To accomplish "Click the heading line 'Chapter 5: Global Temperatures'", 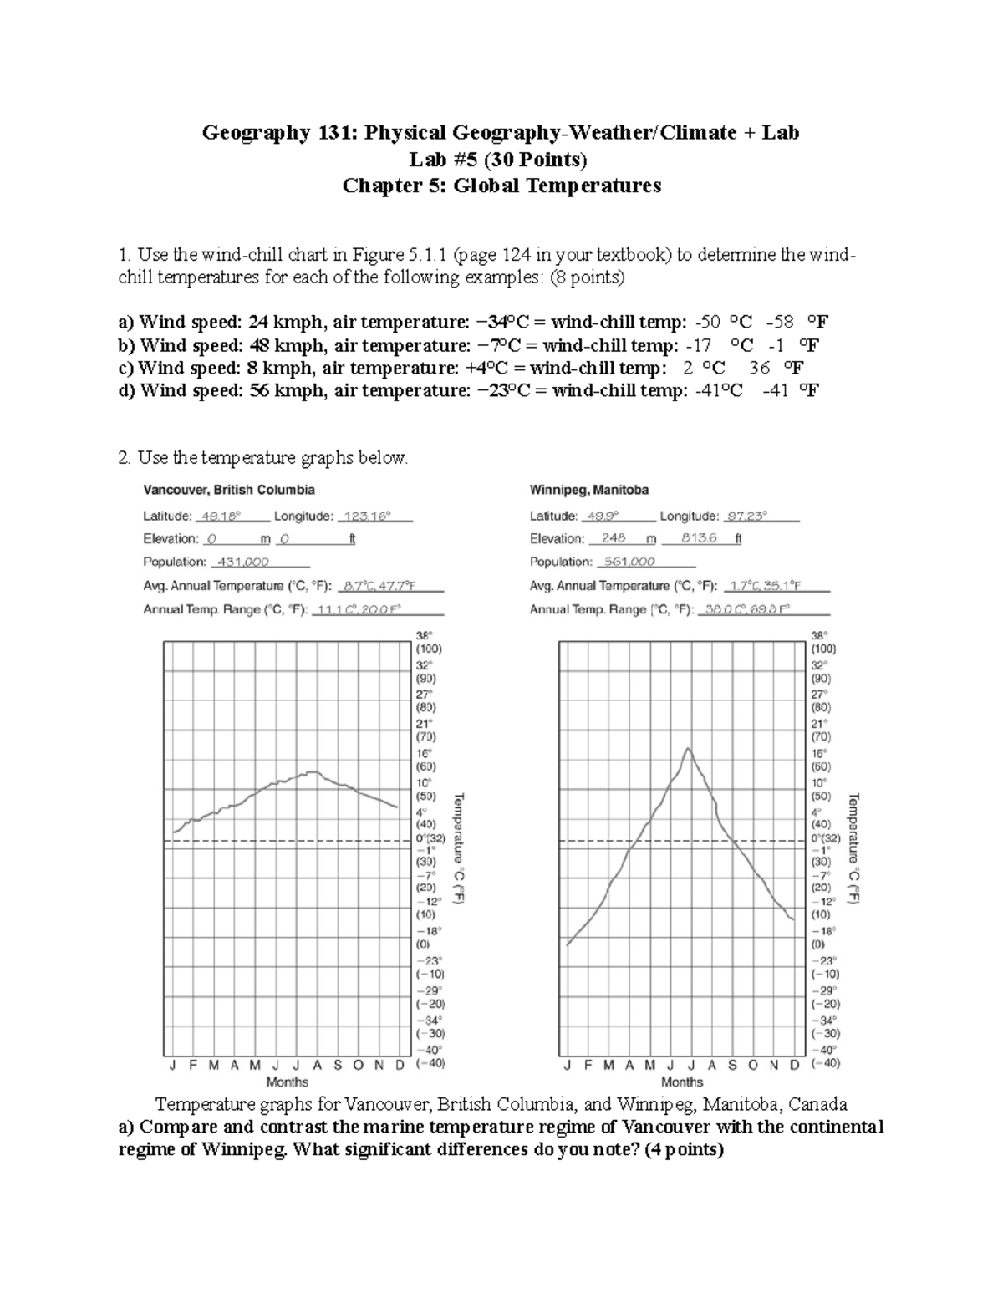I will click(501, 186).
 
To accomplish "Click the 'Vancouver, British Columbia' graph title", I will click(229, 490).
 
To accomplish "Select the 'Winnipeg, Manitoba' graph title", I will click(589, 490).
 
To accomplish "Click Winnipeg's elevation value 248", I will click(614, 539).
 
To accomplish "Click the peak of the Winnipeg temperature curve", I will click(688, 748).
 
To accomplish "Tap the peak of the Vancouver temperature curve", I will click(313, 772).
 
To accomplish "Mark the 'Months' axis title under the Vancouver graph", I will click(287, 1082).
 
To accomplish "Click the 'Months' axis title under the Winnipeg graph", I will click(681, 1082).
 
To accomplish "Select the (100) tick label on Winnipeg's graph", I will click(823, 649).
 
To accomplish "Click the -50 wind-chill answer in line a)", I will click(712, 323).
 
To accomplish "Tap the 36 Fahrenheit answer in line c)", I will click(759, 368).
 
